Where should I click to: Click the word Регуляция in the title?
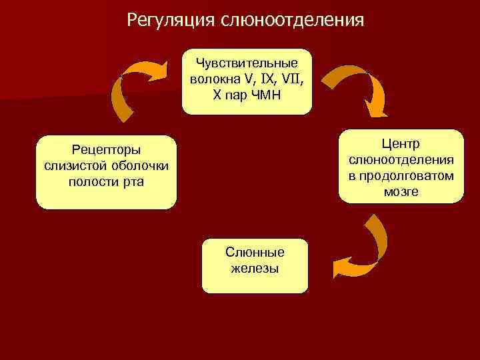pos(170,19)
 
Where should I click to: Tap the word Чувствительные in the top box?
pos(246,65)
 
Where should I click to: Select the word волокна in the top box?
pos(213,79)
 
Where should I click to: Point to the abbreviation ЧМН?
pos(265,94)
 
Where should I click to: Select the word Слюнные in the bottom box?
pos(255,253)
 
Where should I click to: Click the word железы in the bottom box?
pos(255,268)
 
